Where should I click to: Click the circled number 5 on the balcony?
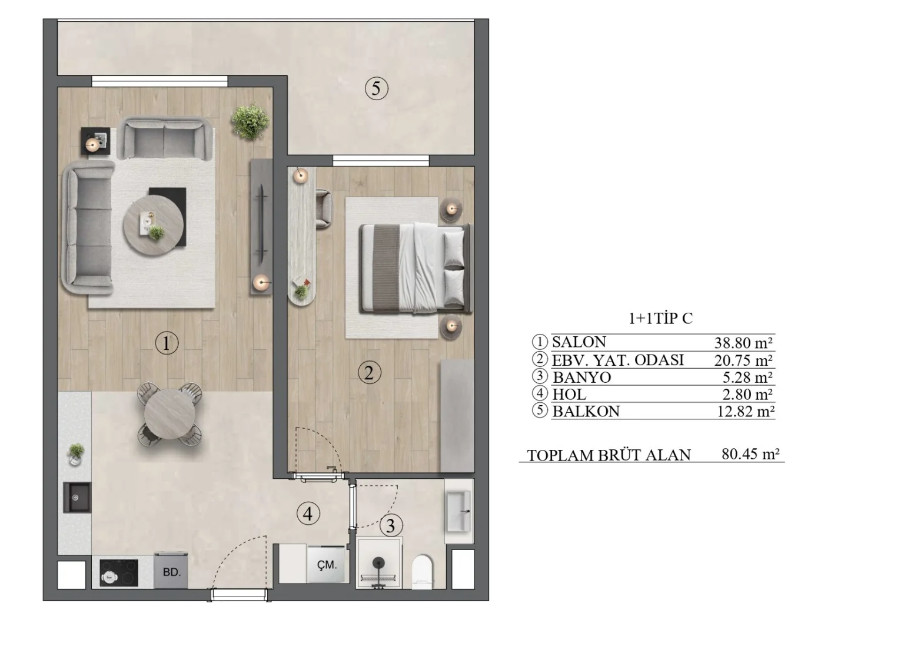(376, 88)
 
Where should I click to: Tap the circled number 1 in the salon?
(167, 343)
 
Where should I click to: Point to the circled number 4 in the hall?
(308, 514)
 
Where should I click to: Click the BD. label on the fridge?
(171, 572)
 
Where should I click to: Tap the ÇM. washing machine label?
(327, 565)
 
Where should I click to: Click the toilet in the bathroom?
(422, 572)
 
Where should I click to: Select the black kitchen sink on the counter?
(77, 498)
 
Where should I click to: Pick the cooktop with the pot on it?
(119, 572)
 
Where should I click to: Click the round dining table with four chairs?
(170, 414)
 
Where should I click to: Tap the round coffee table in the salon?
(154, 225)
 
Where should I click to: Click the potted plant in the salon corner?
(250, 121)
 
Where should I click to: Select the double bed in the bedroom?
(416, 268)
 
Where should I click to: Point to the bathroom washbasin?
(458, 511)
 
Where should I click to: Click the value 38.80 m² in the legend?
(743, 343)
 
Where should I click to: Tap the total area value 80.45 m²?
(750, 454)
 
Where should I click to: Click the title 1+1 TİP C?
(660, 319)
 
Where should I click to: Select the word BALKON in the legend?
(586, 411)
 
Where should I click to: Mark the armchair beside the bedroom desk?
(324, 208)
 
